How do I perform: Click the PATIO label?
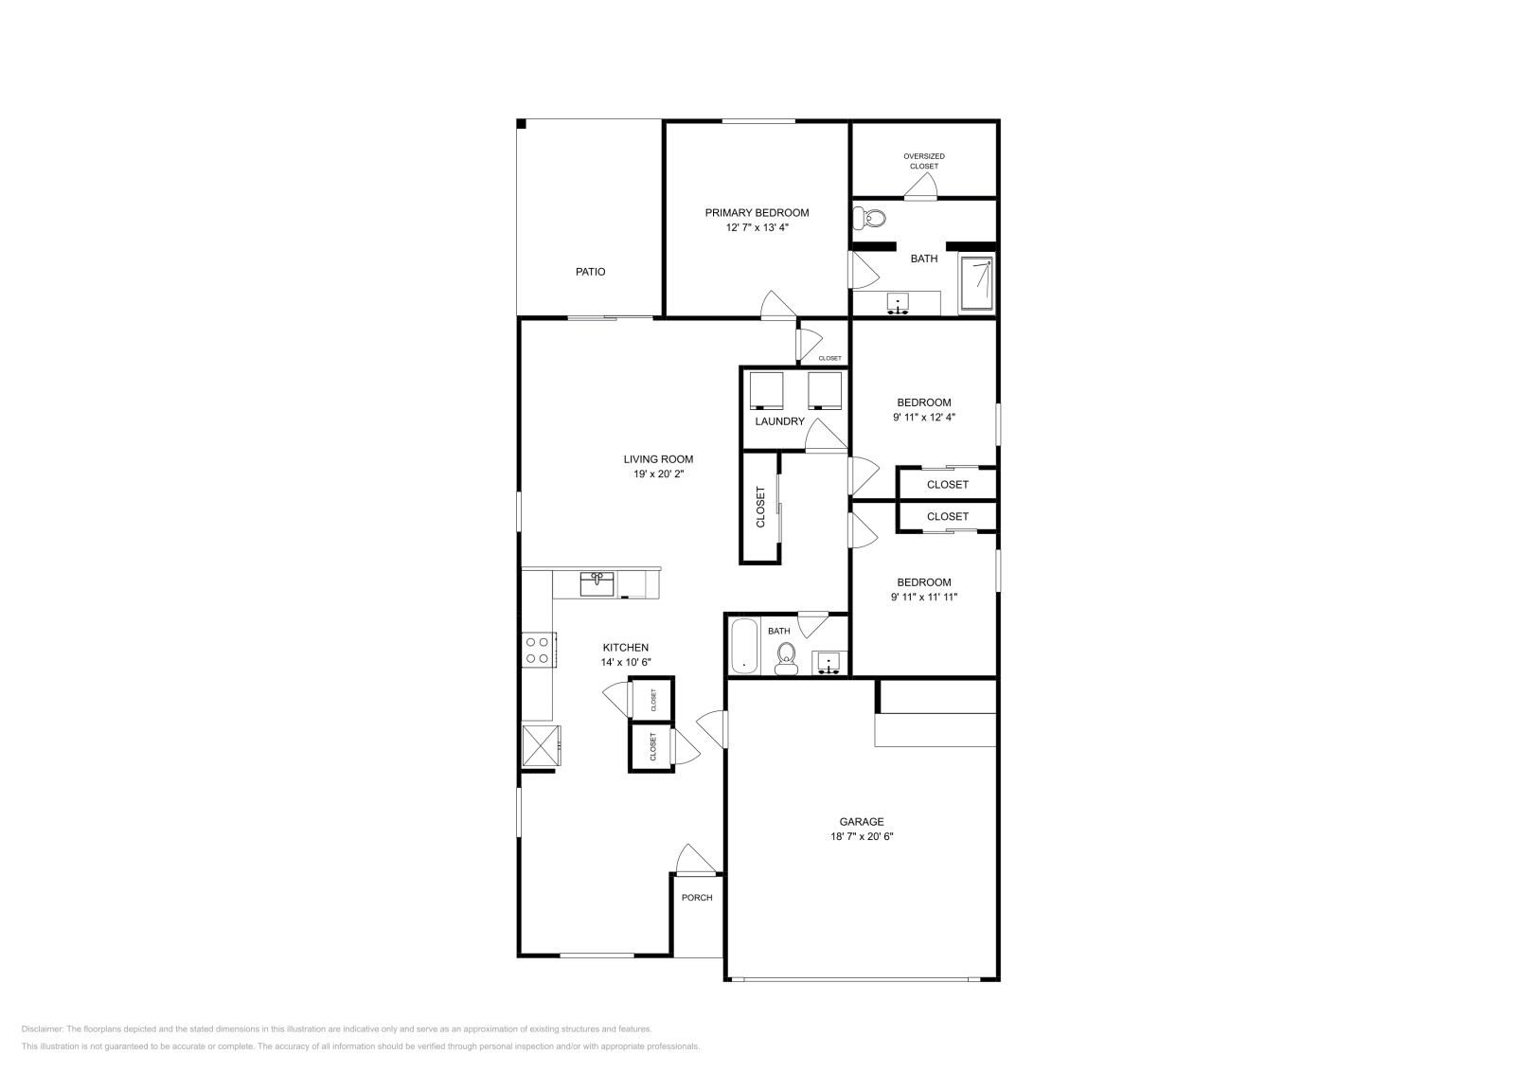tap(590, 272)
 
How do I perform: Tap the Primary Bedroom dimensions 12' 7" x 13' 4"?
tap(756, 228)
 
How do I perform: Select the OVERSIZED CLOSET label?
tap(923, 161)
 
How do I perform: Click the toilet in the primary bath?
tap(870, 220)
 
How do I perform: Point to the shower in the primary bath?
tap(977, 282)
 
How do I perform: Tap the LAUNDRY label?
tap(779, 421)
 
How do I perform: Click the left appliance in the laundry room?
tap(766, 389)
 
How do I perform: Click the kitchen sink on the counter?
tap(597, 582)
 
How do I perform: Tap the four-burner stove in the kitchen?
tap(538, 650)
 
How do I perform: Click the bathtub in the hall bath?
tap(744, 646)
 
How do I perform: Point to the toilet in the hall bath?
tap(786, 656)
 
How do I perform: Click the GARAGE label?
tap(861, 822)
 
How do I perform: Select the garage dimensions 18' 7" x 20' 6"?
tap(861, 837)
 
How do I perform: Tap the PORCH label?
tap(697, 898)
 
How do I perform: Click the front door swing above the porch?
tap(693, 860)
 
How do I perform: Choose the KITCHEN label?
tap(625, 648)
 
